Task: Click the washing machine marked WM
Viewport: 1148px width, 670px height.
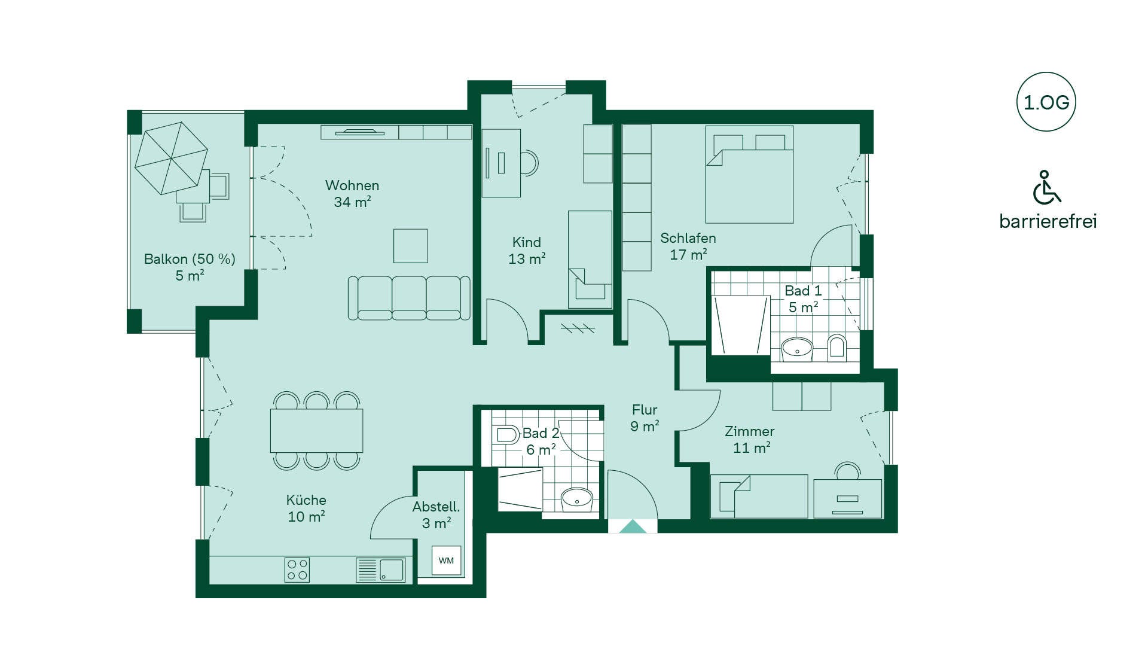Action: (x=446, y=561)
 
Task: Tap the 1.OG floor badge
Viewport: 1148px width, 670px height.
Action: (x=1046, y=102)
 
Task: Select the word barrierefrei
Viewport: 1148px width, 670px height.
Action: (x=1048, y=221)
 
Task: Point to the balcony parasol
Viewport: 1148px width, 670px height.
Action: (x=171, y=158)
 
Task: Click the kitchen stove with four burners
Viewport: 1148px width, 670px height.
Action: (x=297, y=569)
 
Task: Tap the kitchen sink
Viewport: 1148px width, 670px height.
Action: (x=381, y=569)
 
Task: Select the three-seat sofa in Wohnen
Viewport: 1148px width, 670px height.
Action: (x=409, y=298)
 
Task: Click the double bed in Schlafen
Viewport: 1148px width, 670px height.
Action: (x=749, y=174)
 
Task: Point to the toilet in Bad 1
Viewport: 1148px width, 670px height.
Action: (x=837, y=348)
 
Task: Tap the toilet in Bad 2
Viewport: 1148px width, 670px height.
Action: (x=506, y=434)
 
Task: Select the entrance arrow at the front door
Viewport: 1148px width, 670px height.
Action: (x=633, y=526)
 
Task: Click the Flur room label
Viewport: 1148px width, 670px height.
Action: (x=645, y=418)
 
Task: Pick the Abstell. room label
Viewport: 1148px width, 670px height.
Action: (x=436, y=515)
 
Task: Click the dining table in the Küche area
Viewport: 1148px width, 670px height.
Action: (x=316, y=431)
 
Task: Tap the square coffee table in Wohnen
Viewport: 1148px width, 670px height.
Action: (x=410, y=246)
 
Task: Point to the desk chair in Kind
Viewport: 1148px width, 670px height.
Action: (x=529, y=163)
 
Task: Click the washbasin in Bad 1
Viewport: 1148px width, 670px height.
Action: (x=797, y=348)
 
